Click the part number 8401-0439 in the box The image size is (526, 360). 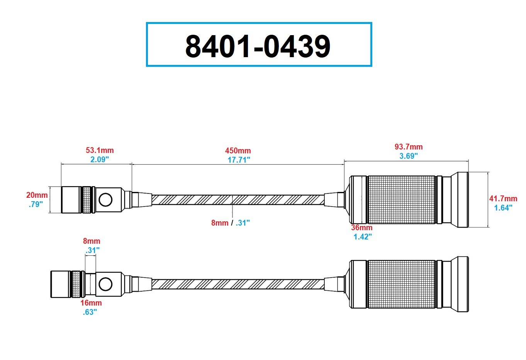tap(258, 46)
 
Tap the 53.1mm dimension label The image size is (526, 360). tap(100, 150)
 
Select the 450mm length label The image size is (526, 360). tap(238, 151)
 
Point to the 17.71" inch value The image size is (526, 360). tap(239, 160)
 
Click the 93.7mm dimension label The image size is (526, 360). tap(409, 147)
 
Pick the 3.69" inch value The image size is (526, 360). tap(409, 156)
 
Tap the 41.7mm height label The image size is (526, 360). tap(503, 199)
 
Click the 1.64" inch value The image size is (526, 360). tap(503, 208)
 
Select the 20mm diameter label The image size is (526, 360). tap(37, 195)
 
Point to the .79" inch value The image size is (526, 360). tap(36, 204)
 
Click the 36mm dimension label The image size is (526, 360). tap(361, 228)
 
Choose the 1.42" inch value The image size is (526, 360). tap(363, 237)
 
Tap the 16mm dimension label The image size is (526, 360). tap(91, 303)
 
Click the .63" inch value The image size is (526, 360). tap(90, 312)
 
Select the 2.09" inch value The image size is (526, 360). tap(100, 160)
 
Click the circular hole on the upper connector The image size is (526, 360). tap(105, 200)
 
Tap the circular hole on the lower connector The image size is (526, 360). tap(105, 284)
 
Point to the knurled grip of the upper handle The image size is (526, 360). tap(402, 200)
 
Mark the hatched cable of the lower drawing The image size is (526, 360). tap(238, 284)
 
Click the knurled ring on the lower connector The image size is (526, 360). tap(76, 284)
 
